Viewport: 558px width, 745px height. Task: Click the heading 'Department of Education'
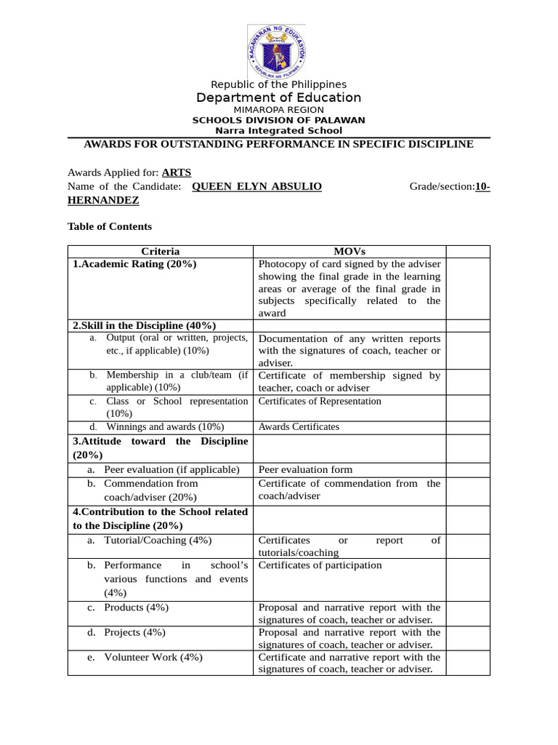coord(278,97)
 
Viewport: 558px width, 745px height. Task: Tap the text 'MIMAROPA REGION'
coord(278,109)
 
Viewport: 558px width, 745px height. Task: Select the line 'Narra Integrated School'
coord(278,131)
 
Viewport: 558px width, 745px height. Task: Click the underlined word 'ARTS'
coord(177,172)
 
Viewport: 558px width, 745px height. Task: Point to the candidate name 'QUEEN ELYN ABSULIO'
coord(256,186)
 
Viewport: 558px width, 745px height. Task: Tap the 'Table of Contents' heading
coord(110,226)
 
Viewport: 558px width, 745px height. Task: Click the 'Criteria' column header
coord(160,252)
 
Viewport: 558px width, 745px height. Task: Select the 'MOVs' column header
coord(349,252)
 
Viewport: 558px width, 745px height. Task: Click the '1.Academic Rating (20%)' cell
coord(135,264)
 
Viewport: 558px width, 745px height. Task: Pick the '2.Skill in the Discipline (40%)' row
coord(145,325)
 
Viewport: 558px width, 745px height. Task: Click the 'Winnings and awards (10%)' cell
coord(165,427)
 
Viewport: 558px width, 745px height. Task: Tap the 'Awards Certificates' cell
coord(299,427)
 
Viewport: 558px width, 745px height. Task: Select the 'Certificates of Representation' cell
coord(320,401)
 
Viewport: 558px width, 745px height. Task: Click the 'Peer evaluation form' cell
coord(305,469)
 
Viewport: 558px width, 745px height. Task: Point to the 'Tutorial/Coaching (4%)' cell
coord(158,540)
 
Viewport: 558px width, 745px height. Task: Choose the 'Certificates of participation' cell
coord(320,565)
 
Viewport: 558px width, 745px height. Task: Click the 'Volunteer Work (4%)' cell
coord(153,657)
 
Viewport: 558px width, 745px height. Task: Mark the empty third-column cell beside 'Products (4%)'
coord(467,613)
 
